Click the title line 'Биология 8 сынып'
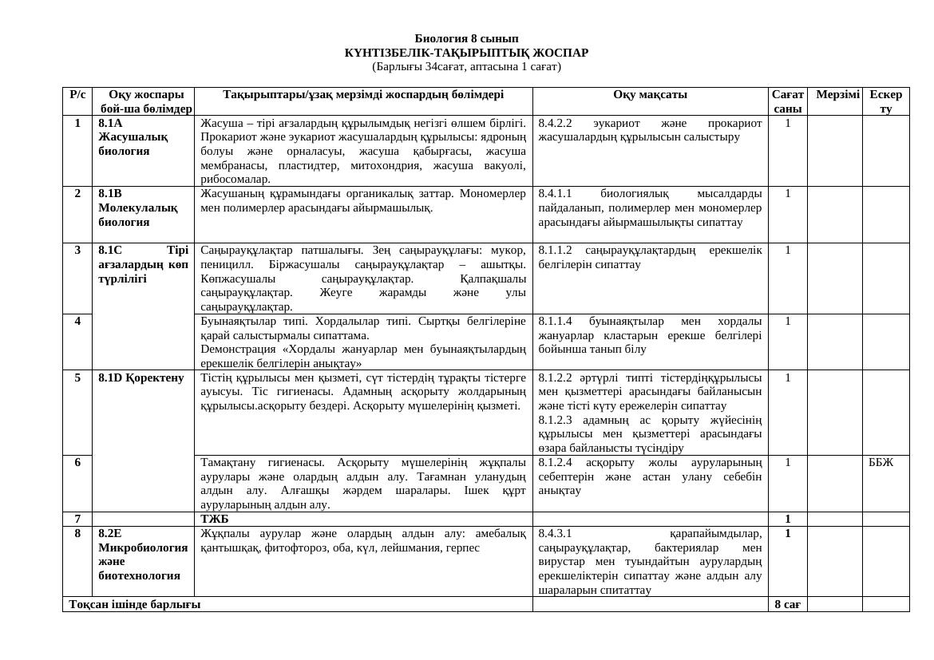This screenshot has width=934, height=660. click(x=466, y=38)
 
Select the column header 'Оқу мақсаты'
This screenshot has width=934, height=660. click(x=650, y=94)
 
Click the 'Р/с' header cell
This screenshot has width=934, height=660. click(x=77, y=94)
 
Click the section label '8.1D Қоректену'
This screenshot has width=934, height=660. click(x=141, y=377)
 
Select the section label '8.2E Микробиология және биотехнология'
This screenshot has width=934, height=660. click(x=143, y=554)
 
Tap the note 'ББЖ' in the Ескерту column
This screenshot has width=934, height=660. click(x=881, y=462)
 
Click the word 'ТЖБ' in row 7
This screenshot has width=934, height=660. click(x=215, y=520)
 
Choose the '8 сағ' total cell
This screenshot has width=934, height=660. click(x=787, y=604)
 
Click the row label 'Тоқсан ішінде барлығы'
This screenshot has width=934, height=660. click(x=135, y=604)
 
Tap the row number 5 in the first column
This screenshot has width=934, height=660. click(x=77, y=377)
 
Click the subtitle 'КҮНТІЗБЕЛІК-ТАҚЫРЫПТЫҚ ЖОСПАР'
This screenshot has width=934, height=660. click(x=466, y=53)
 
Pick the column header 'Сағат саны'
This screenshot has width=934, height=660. click(x=787, y=101)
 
